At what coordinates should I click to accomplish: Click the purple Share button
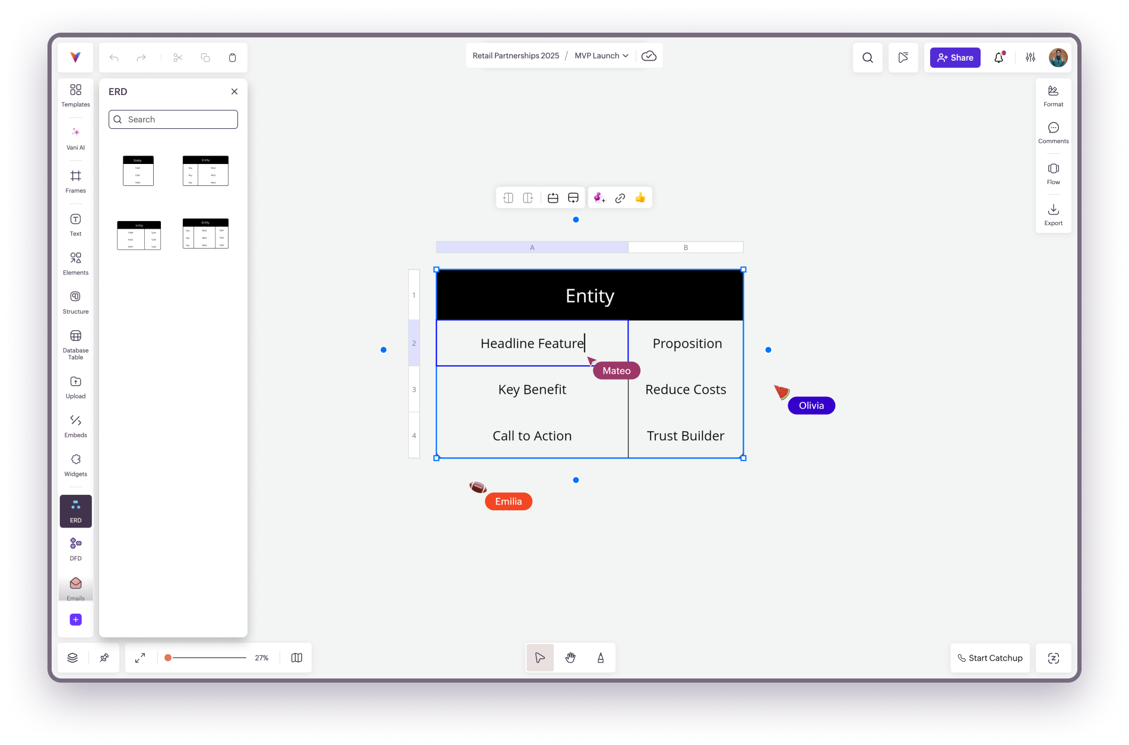tap(954, 58)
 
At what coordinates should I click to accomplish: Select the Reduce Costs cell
tap(686, 390)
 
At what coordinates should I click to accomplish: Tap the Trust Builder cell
tap(686, 436)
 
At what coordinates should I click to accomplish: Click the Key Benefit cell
tap(532, 390)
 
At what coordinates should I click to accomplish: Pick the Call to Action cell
tap(532, 436)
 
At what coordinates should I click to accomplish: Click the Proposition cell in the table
tap(687, 343)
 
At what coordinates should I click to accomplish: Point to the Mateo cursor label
tap(616, 371)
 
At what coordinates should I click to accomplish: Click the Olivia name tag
tap(811, 406)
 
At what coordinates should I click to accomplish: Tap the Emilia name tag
tap(508, 501)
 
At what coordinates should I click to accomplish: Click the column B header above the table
tap(686, 247)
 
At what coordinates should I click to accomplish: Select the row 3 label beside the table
tap(414, 390)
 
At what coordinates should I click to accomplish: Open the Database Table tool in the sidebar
tap(75, 344)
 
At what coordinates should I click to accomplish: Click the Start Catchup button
tap(990, 658)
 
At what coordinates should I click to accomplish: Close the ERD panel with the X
tap(234, 91)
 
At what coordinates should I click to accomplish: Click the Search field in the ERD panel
tap(173, 119)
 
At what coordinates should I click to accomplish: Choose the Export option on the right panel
tap(1053, 214)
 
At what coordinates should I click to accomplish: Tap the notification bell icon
tap(999, 58)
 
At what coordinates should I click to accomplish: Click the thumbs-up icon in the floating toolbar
tap(640, 198)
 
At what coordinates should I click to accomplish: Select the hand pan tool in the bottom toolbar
tap(570, 658)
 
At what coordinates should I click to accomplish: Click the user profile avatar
tap(1058, 58)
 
